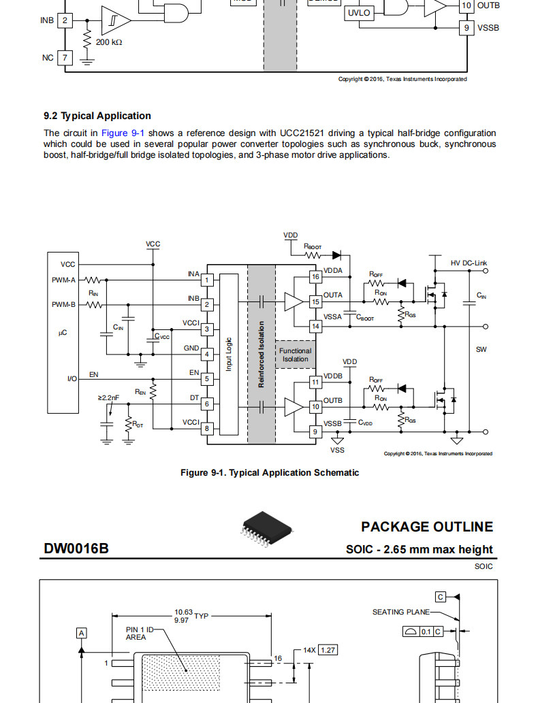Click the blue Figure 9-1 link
[x=123, y=133]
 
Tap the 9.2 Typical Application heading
[x=97, y=116]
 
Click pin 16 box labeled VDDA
[x=315, y=276]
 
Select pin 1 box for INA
[x=207, y=280]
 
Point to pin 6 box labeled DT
[x=207, y=404]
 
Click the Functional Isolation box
[x=296, y=355]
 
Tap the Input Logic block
[x=229, y=354]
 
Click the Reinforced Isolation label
[x=262, y=354]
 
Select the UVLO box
[x=359, y=13]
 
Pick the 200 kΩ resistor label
[x=108, y=42]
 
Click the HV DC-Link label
[x=469, y=263]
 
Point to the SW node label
[x=481, y=349]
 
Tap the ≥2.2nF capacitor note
[x=108, y=397]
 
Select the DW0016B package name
[x=76, y=549]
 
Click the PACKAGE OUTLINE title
[x=427, y=527]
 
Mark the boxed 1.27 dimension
[x=328, y=650]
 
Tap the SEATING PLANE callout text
[x=400, y=612]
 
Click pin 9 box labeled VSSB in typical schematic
[x=315, y=431]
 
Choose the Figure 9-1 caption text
[x=270, y=472]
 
